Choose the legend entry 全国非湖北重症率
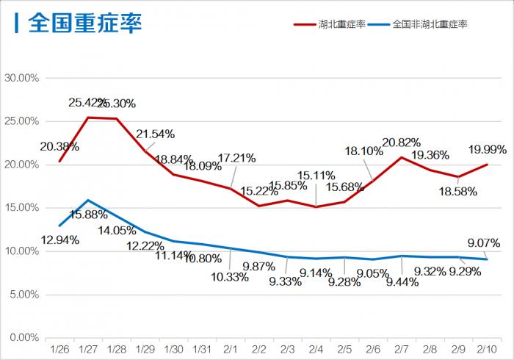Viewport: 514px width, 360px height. click(x=430, y=24)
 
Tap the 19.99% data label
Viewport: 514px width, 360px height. click(x=487, y=150)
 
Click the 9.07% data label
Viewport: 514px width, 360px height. click(x=482, y=242)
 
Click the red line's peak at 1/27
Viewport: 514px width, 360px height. click(x=88, y=118)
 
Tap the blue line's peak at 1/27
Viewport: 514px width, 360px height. click(x=88, y=200)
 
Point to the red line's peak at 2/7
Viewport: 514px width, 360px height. click(x=401, y=157)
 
